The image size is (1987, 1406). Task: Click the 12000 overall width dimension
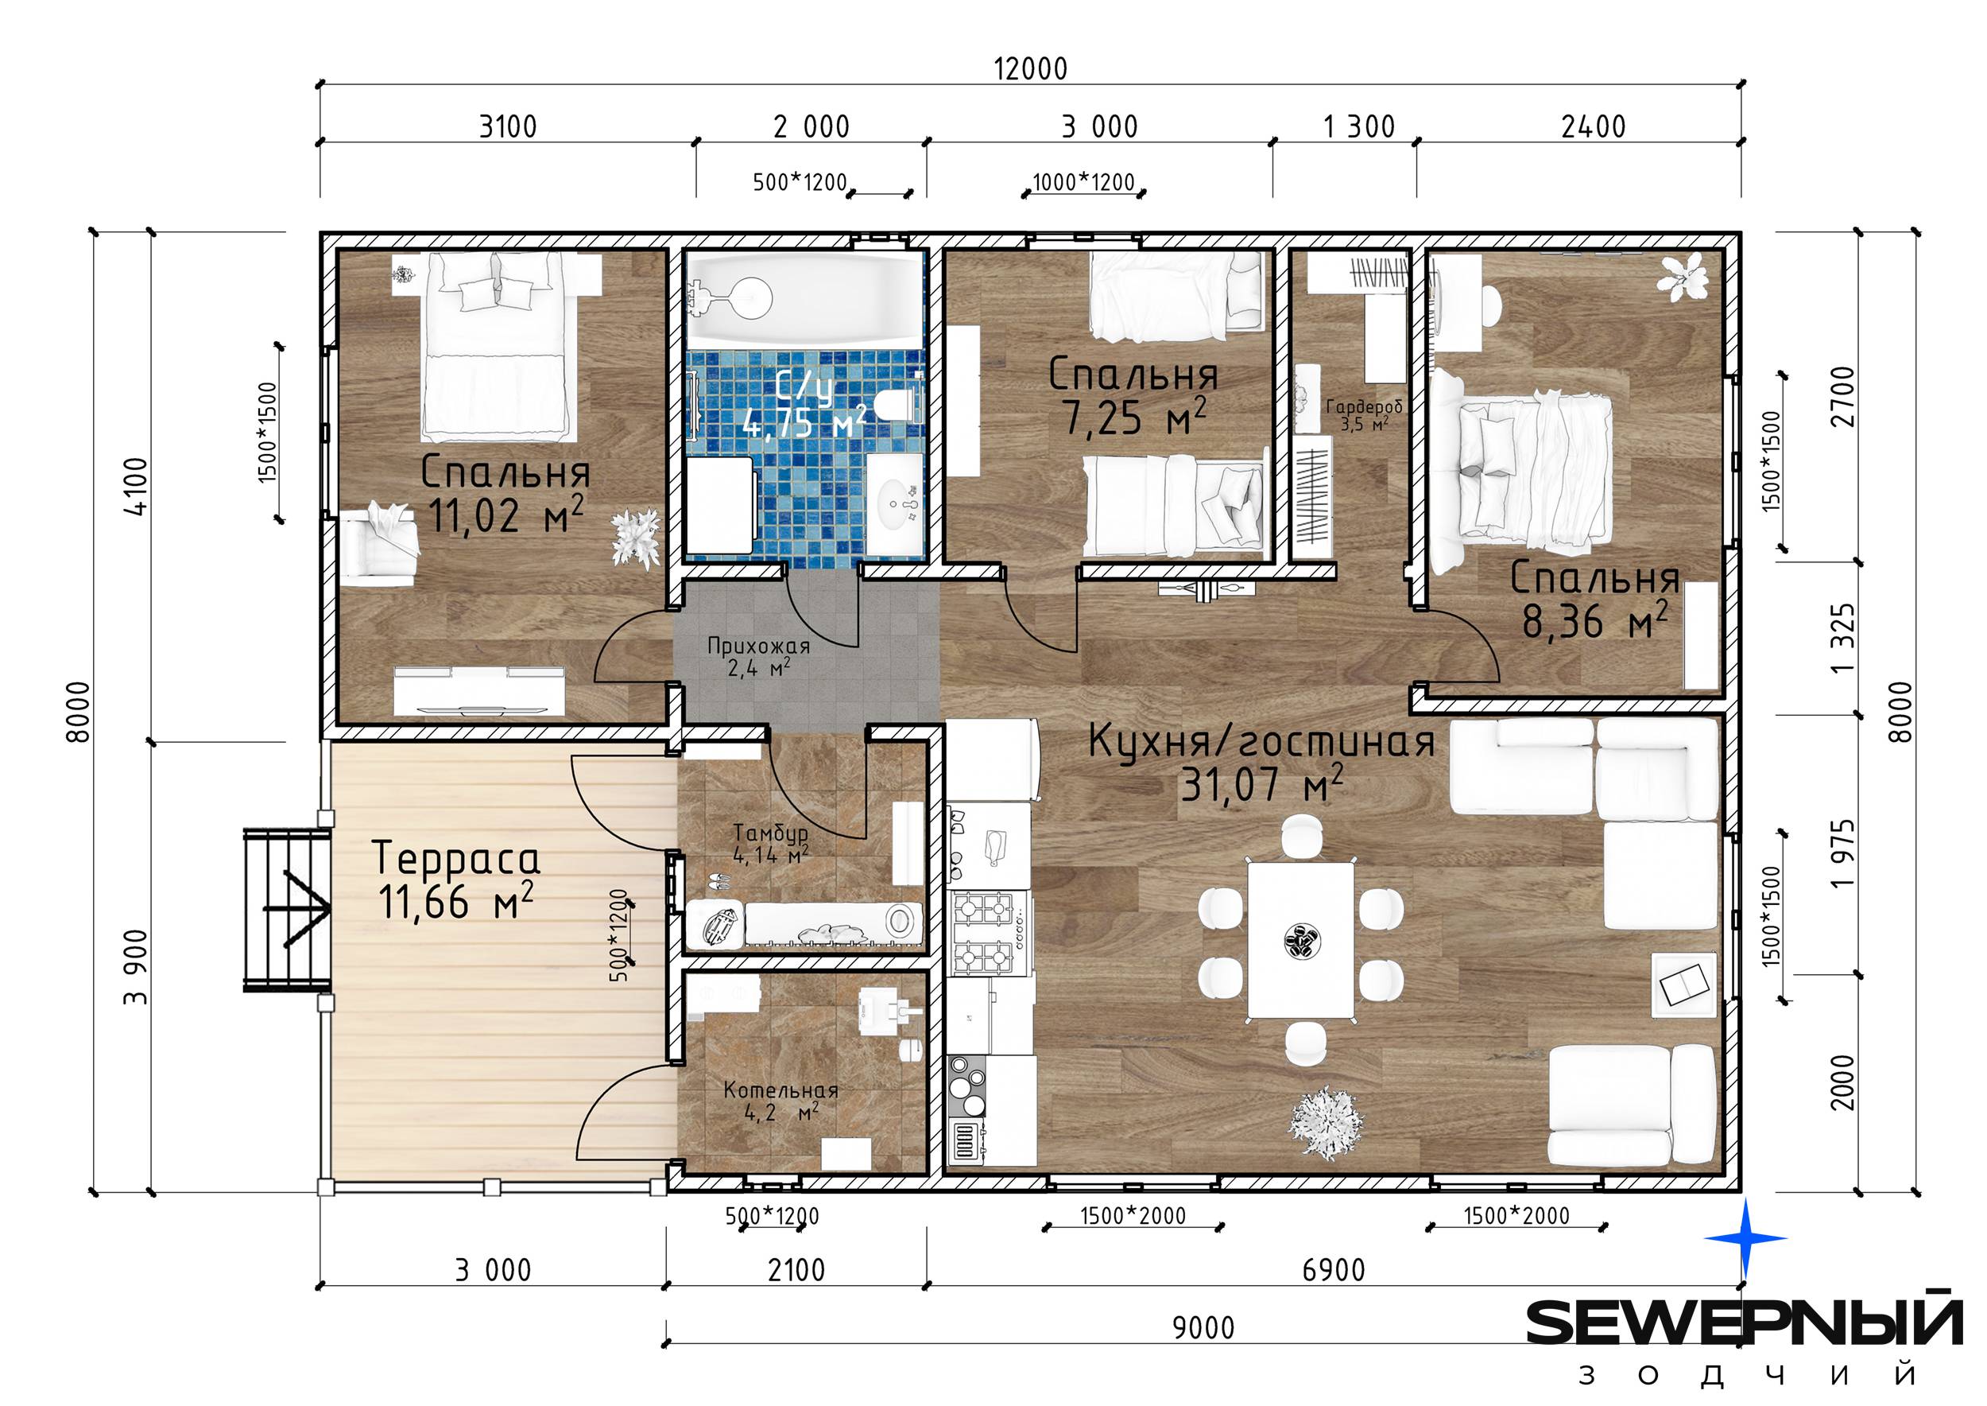(1030, 68)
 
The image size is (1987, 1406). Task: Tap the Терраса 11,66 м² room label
(456, 880)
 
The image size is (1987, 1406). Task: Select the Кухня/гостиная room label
(1261, 742)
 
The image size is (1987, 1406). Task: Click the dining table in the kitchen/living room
(1299, 940)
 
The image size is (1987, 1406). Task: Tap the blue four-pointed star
(1745, 1238)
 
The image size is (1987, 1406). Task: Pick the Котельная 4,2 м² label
(780, 1101)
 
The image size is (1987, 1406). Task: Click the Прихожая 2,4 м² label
(759, 655)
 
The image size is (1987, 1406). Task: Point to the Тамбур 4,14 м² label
(771, 843)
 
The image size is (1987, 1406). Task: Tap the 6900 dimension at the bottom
(1334, 1270)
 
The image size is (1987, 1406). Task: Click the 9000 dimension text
(1203, 1327)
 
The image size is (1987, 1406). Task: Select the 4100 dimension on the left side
(138, 487)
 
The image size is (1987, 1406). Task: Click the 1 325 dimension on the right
(1843, 638)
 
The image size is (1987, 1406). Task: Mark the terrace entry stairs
(287, 909)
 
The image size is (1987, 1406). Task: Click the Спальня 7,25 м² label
(1133, 396)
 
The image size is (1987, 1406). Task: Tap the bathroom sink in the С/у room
(896, 502)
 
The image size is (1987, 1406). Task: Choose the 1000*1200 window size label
(1083, 182)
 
